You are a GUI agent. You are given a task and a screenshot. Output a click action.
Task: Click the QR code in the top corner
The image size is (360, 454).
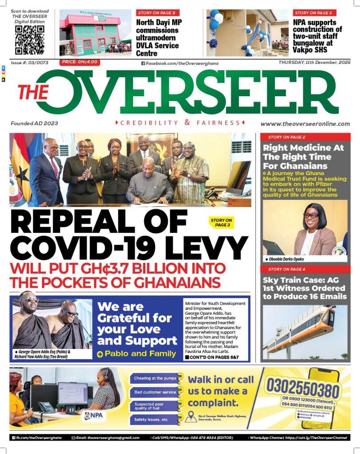[x=29, y=40]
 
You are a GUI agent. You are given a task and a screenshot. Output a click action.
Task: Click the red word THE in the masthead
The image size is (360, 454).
[x=33, y=92]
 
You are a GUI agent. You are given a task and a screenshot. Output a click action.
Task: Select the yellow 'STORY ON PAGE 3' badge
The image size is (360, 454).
[x=221, y=223]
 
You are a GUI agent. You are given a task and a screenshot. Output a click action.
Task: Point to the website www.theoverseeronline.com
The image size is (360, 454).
[x=305, y=124]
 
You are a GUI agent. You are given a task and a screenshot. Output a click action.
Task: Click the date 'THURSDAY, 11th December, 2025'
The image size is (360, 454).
[x=314, y=63]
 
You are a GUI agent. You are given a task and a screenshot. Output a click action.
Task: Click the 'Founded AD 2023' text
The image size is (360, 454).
[x=35, y=123]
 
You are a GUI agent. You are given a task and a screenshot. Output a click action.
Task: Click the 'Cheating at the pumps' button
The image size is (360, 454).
[x=153, y=378]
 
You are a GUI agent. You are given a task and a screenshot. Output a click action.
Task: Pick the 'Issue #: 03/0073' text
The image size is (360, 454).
[x=30, y=63]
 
